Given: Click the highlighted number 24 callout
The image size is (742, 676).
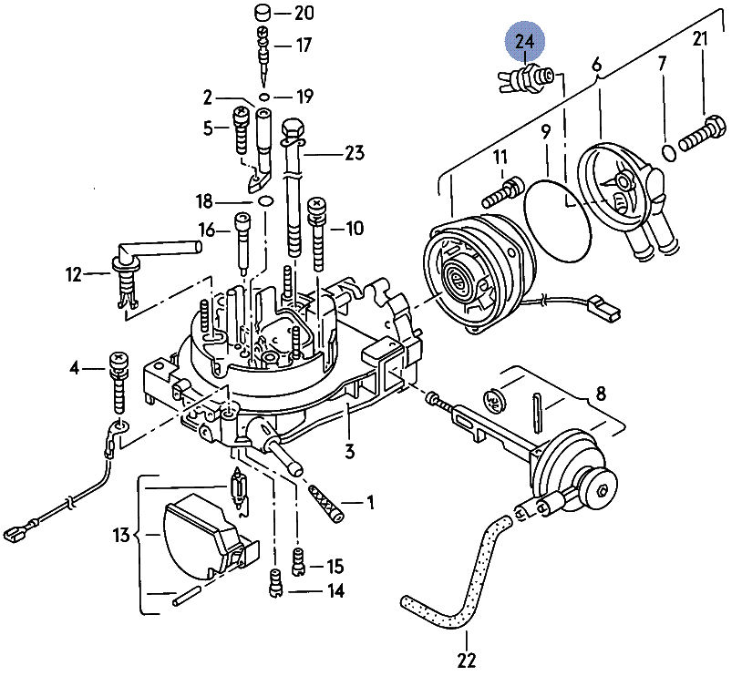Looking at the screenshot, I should (526, 42).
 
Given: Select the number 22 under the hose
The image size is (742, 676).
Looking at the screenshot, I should (467, 659).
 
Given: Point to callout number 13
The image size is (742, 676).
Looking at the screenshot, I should (122, 536).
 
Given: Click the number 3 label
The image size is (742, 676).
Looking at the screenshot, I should (349, 451).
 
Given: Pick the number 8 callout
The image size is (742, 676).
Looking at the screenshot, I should (601, 394).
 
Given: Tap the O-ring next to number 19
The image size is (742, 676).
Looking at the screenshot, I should (263, 96).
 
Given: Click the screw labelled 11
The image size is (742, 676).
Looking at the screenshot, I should (499, 192).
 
